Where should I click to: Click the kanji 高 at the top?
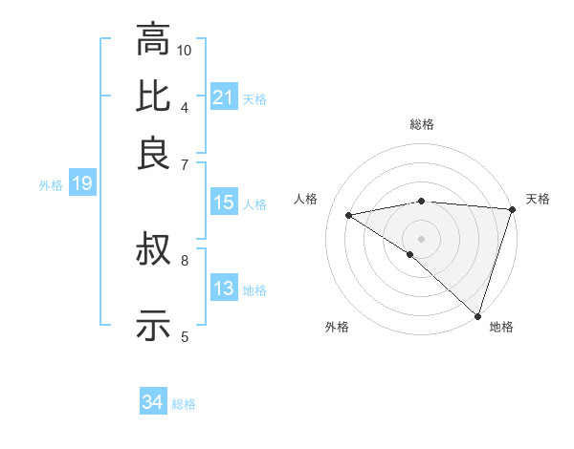153,40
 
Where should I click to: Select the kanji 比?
153,96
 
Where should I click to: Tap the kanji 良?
153,153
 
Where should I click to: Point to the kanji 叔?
153,251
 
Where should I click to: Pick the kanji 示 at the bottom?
153,325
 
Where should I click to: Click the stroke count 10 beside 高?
185,50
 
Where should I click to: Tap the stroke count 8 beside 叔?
185,259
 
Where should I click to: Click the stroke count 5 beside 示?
185,335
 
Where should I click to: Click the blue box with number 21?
223,97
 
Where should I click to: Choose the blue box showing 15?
223,203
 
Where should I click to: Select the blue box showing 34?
152,403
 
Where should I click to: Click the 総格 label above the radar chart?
421,124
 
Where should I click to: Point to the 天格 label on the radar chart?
538,199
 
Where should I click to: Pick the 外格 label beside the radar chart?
337,327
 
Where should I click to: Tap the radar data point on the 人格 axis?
349,215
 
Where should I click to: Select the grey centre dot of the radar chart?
421,237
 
